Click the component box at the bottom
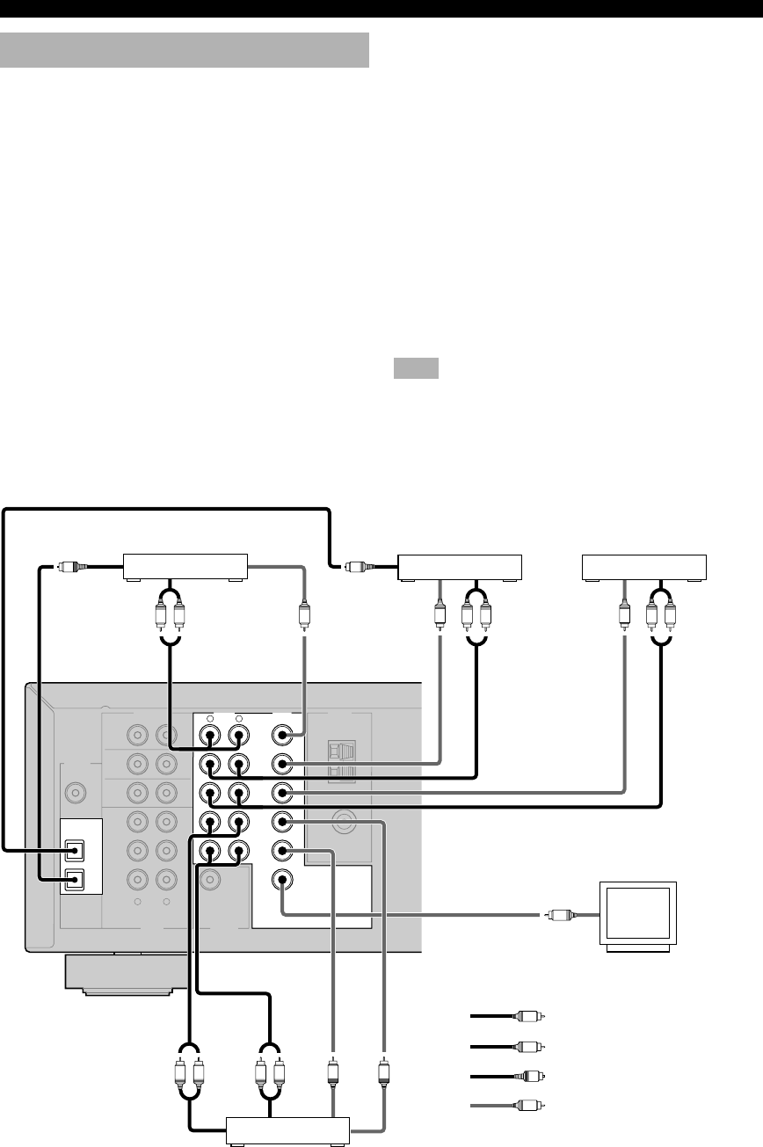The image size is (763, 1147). coord(288,1130)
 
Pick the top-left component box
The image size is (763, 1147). coord(185,568)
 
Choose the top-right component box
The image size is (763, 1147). coord(646,568)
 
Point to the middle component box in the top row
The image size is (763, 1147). coord(460,568)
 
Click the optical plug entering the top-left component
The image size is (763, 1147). coord(69,567)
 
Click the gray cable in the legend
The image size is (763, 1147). coord(508,1105)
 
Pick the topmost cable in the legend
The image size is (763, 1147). coord(508,1017)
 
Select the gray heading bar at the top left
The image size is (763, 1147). coord(185,50)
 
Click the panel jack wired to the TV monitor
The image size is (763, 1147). coord(281,880)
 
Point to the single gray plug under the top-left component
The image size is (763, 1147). coord(304,613)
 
